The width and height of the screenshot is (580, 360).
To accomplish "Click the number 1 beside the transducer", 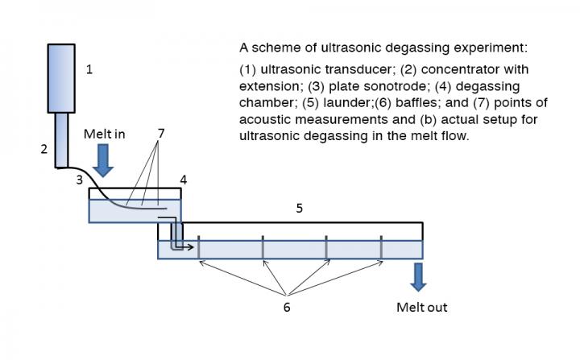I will click(x=89, y=70).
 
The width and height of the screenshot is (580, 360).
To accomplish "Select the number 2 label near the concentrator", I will click(x=44, y=148).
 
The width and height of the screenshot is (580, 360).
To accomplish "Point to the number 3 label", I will click(x=79, y=180).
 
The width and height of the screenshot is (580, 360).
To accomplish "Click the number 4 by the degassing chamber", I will click(x=184, y=180).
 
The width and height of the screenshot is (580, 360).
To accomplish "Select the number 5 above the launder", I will click(x=299, y=208).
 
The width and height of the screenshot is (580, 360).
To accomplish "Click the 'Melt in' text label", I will click(x=105, y=134).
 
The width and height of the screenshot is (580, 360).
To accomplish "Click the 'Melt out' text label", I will click(x=421, y=307).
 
